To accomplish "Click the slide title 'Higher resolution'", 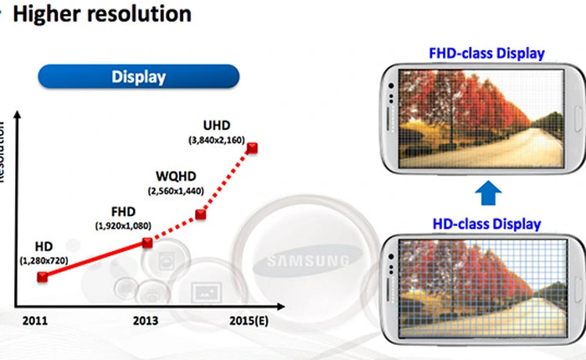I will click(x=104, y=14).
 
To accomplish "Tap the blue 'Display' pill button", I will click(x=138, y=77).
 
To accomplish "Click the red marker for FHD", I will click(x=148, y=243).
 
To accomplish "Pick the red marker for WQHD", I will click(x=201, y=215).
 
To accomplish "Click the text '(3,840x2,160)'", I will click(x=218, y=139).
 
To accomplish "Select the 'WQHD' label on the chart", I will click(x=177, y=177).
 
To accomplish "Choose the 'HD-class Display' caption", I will click(x=486, y=224).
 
